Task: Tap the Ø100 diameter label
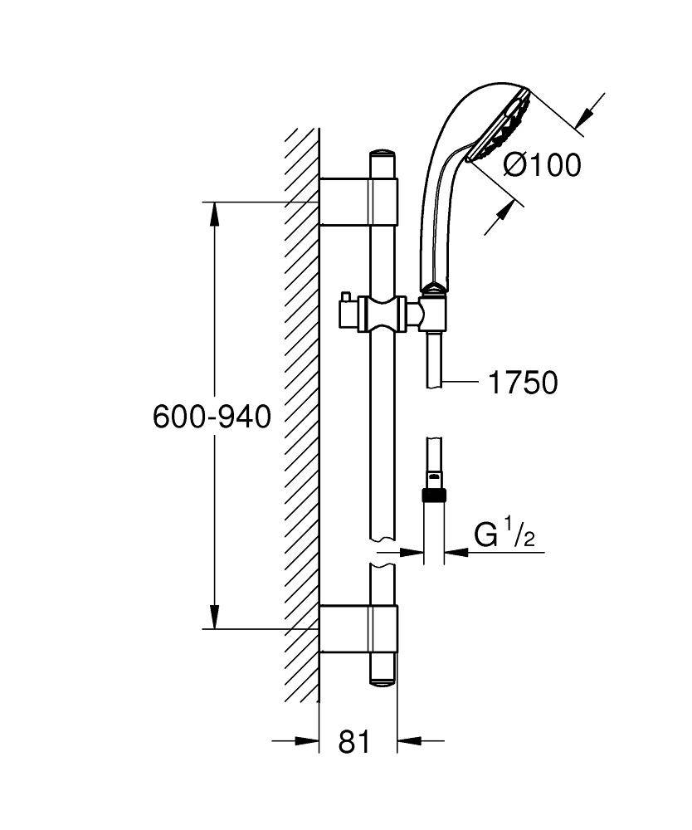pyautogui.click(x=543, y=165)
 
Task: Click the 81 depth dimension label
pyautogui.click(x=354, y=741)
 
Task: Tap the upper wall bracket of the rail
pyautogui.click(x=358, y=201)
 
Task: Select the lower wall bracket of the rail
pyautogui.click(x=358, y=629)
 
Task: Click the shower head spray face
pyautogui.click(x=500, y=124)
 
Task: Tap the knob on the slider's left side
pyautogui.click(x=347, y=313)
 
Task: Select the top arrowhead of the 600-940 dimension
pyautogui.click(x=215, y=214)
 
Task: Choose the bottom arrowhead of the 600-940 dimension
pyautogui.click(x=215, y=616)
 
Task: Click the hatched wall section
pyautogui.click(x=301, y=415)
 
